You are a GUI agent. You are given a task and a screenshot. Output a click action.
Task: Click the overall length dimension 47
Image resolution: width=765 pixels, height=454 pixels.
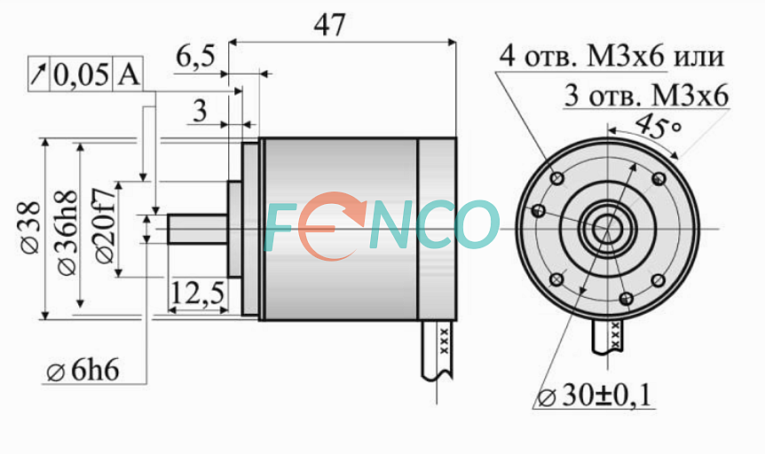point(329,25)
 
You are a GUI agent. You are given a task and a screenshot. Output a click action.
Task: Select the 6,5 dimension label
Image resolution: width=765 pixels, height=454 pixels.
point(195,57)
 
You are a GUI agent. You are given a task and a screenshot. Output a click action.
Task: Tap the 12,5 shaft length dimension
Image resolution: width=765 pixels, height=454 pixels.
point(197,294)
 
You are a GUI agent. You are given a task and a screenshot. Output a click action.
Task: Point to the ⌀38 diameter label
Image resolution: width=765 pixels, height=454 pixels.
point(30,227)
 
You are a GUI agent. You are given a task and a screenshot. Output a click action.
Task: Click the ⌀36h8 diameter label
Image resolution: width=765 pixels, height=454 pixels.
point(67,232)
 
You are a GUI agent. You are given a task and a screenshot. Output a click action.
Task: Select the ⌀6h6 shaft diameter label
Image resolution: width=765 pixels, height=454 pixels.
point(83,372)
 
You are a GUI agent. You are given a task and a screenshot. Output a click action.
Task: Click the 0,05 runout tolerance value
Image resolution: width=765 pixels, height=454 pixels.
point(81,75)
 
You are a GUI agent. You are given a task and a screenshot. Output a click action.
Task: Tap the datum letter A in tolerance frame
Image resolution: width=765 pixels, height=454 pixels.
point(129,74)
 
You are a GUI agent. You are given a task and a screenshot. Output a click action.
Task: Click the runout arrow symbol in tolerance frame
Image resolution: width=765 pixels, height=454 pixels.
point(38,74)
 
